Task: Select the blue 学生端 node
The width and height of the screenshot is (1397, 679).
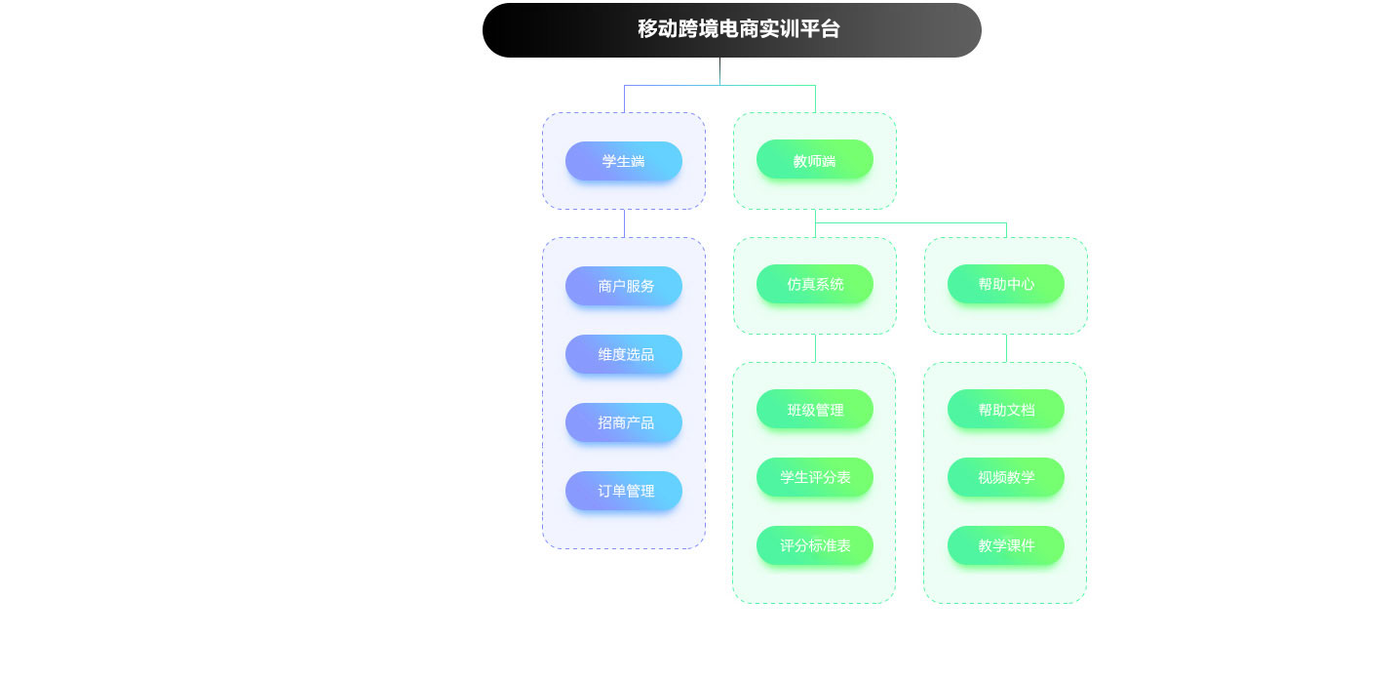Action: click(623, 161)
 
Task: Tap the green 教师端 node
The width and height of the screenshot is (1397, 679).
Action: click(814, 160)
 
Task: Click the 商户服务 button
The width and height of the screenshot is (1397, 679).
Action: click(623, 286)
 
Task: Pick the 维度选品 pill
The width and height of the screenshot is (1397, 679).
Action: click(623, 354)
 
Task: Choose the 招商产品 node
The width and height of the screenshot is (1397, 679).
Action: click(623, 422)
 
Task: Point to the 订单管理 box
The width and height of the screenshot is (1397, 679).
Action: click(623, 491)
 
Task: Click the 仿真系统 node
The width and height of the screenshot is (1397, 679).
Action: click(814, 284)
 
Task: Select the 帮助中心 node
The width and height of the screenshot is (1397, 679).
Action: click(1005, 284)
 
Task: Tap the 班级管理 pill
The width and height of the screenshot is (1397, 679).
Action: click(814, 410)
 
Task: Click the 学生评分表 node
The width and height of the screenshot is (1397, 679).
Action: click(814, 477)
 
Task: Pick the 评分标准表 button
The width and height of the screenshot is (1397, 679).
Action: click(814, 545)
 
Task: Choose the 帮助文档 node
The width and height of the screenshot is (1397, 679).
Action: click(1005, 410)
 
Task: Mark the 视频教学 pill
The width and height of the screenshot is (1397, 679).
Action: click(1005, 477)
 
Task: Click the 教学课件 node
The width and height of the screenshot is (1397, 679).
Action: click(1005, 545)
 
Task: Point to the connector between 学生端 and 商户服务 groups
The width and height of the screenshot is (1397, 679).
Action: click(624, 223)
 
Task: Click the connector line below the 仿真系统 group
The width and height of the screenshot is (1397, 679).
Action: click(815, 348)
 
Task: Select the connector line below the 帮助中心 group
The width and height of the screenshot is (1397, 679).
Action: click(1006, 348)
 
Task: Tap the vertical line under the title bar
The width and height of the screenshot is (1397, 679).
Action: click(719, 71)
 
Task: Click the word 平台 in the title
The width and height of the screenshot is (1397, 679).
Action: click(820, 29)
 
